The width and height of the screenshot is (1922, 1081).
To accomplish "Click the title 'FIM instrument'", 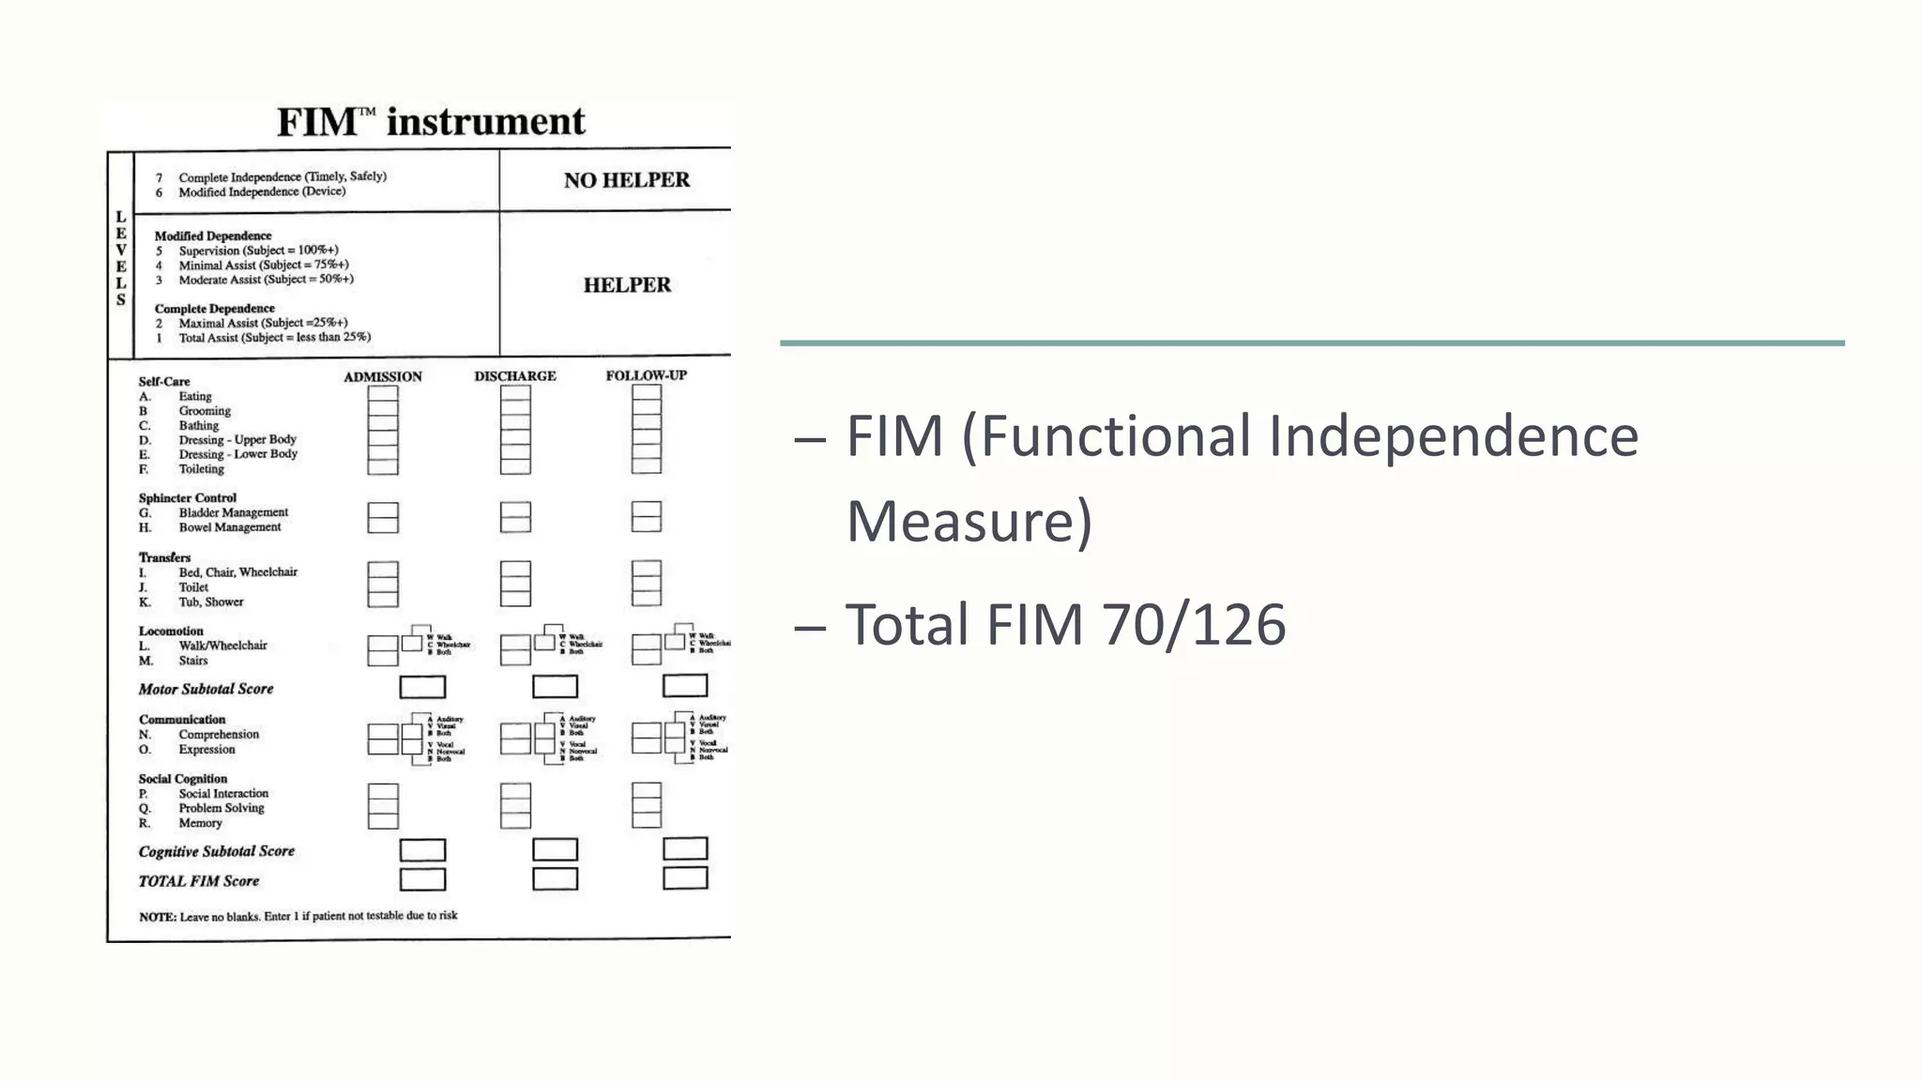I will coord(431,122).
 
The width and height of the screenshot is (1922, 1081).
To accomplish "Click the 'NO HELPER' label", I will coord(626,180).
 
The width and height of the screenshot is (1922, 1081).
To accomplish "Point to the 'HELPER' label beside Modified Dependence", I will coord(627,285).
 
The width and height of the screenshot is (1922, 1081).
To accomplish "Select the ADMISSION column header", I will coord(382,377).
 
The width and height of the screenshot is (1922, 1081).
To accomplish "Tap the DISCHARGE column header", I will coord(514,376).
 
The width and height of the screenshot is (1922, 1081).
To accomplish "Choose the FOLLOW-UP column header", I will coord(646,375).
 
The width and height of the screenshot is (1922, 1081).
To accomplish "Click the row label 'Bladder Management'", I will coord(233,512).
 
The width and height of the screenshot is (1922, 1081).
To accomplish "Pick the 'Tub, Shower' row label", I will coord(210,602).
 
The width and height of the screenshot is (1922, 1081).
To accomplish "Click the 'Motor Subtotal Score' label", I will coord(206,689).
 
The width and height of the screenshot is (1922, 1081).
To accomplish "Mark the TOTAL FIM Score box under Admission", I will coord(422,879).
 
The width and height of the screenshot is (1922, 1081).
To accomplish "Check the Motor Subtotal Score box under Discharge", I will coord(555,687).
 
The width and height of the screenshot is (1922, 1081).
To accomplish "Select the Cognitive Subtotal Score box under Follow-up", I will coord(685,848).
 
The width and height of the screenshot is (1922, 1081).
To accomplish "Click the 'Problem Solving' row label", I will coord(221,808).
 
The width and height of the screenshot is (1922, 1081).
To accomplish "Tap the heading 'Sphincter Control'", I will coord(188,498).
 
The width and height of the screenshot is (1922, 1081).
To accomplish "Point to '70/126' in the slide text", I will coord(1193,625).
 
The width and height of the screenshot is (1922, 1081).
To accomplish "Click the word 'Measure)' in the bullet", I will coord(969,522).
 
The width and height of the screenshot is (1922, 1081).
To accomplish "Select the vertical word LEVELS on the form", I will coord(121,258).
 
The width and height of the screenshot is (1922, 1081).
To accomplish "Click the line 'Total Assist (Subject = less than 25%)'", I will coord(274,338).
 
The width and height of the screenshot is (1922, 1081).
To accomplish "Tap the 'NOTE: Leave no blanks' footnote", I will coord(297,916).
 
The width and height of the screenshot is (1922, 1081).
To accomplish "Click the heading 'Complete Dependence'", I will coord(215,309).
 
